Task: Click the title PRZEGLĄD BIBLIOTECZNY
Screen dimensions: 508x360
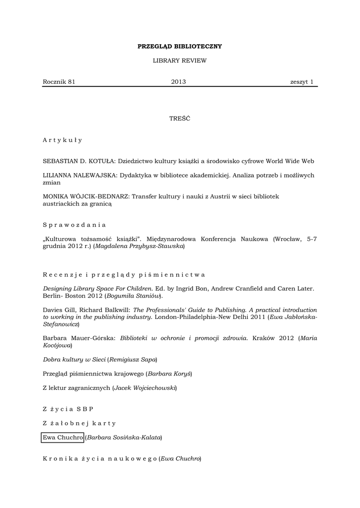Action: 179,46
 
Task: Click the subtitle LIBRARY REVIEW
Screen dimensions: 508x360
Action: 179,61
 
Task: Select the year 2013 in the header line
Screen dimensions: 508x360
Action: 178,82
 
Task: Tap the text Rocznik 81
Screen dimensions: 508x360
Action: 59,82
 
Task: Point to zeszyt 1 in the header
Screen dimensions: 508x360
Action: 302,82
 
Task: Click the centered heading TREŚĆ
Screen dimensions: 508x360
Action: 179,119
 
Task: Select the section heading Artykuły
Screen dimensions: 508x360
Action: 63,140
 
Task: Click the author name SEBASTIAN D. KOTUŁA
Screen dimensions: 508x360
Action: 79,161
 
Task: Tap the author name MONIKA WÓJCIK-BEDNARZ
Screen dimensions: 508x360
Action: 86,196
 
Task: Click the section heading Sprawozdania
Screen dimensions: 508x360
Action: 74,225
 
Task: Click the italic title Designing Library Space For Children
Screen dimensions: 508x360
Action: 97,288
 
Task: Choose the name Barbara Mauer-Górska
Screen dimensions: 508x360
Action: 79,338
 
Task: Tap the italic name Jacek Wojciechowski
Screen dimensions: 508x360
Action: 144,387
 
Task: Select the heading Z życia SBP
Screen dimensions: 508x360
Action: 68,409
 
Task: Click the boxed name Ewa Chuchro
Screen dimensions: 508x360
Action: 63,438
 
